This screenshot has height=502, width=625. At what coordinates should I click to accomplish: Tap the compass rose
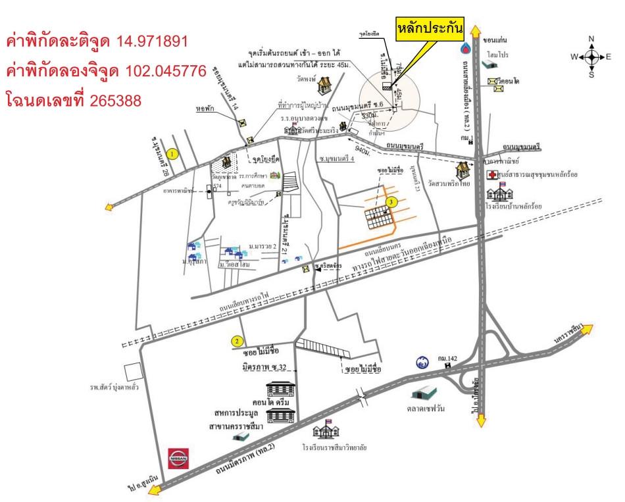point(591,57)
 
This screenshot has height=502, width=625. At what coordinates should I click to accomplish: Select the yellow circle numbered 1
point(172,153)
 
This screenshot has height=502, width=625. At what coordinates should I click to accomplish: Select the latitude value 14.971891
point(153,42)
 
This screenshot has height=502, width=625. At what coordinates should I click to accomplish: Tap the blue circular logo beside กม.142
point(422,362)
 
